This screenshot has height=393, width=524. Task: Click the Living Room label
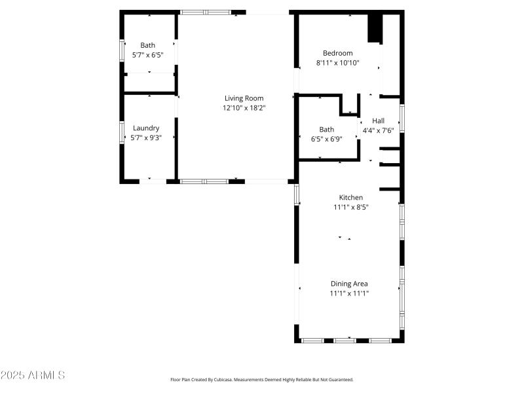pos(244,98)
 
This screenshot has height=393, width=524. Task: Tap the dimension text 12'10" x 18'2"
pos(244,108)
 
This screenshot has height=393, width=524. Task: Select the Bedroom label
pos(337,53)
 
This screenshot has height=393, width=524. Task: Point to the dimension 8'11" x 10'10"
pos(337,64)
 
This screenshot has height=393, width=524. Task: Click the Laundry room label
pos(146,128)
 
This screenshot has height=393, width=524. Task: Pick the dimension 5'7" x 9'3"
pos(146,138)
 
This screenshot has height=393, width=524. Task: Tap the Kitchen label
pos(350,197)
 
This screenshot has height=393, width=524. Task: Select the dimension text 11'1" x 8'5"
pos(350,208)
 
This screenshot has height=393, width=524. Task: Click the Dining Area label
pos(349,284)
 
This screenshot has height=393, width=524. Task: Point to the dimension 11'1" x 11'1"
pos(349,294)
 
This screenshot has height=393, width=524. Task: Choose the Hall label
pos(378,121)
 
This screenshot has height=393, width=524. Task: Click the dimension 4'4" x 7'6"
pos(378,130)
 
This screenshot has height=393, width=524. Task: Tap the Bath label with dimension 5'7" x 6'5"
pos(147,45)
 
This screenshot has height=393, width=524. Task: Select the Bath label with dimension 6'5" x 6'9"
pos(326,129)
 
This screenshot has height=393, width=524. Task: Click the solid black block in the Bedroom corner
pos(374,28)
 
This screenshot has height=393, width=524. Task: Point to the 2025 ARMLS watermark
pos(33,375)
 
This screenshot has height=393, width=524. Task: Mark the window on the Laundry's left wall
pos(121,132)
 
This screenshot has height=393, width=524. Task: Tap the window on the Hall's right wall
pos(402,118)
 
